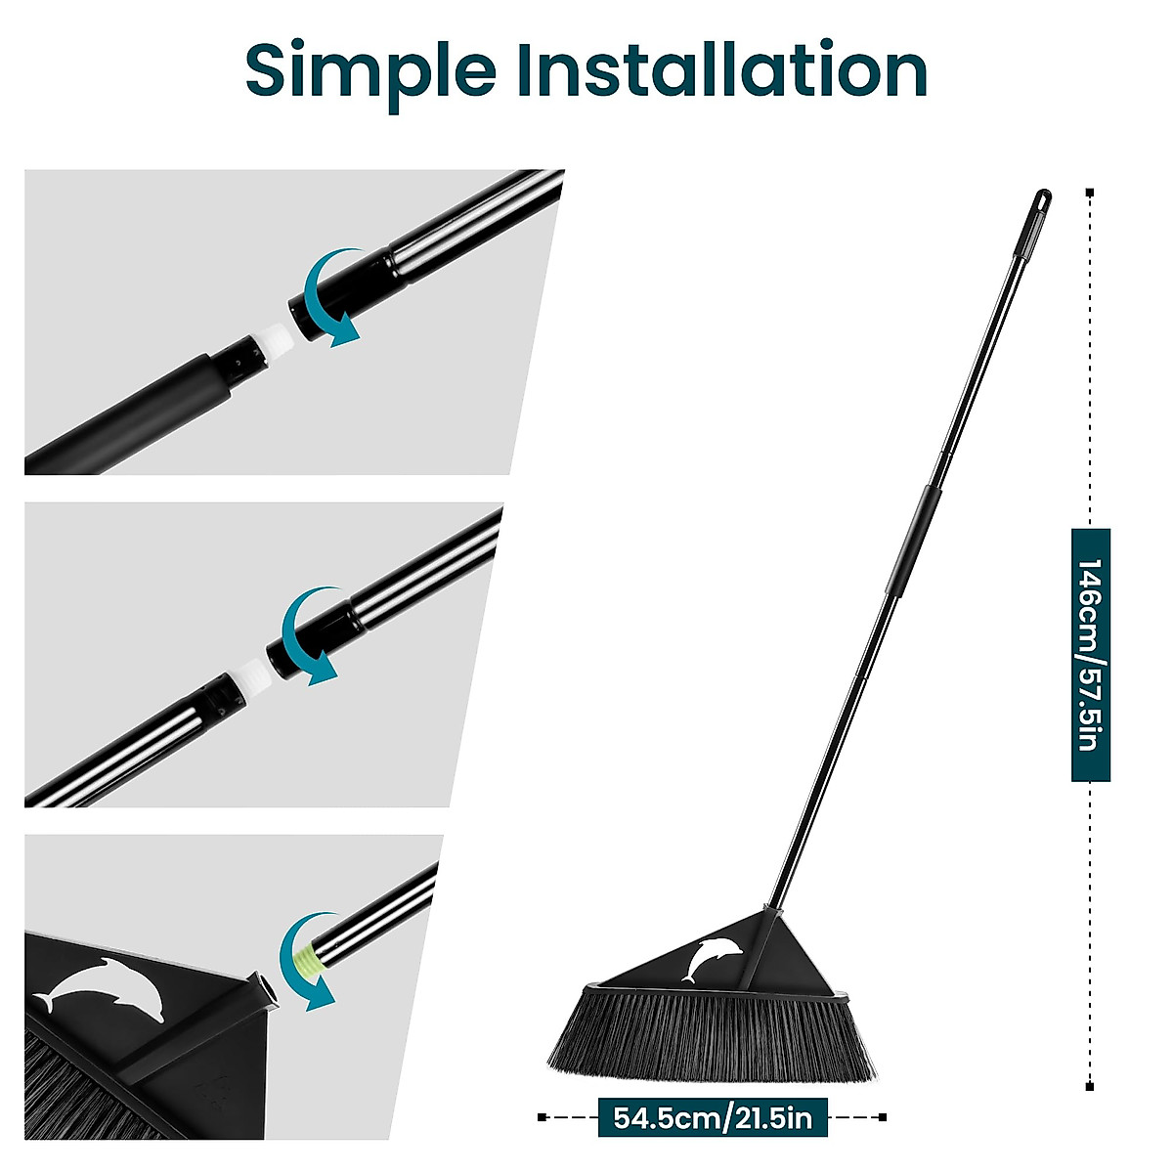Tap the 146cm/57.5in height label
pos(1090,655)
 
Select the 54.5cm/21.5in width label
pos(713,1116)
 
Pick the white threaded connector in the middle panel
pos(249,677)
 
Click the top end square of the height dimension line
pos(1090,193)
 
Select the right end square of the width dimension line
pos(884,1116)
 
